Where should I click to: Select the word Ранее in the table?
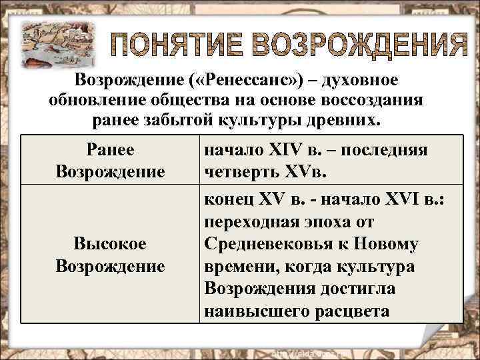110,151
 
